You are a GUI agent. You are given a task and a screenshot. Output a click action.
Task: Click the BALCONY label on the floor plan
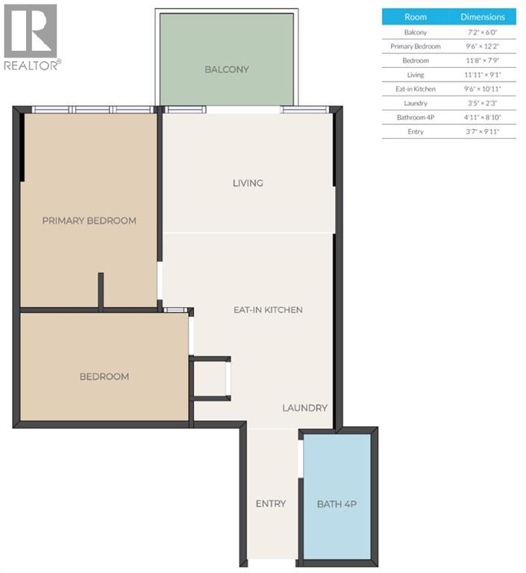227,69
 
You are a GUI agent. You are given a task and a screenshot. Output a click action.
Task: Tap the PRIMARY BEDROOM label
89,221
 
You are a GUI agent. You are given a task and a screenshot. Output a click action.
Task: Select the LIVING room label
248,183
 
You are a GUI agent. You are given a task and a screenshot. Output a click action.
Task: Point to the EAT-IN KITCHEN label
268,310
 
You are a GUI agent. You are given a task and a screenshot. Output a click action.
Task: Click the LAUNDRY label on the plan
304,408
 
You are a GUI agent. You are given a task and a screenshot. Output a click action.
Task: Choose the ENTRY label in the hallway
270,504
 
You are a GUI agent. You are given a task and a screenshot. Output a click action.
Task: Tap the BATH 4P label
336,504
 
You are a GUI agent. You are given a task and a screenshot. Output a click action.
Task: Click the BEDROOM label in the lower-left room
104,377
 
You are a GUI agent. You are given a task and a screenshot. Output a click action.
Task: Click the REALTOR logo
31,37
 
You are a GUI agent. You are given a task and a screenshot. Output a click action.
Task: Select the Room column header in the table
416,16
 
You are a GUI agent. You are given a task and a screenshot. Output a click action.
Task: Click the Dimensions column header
483,16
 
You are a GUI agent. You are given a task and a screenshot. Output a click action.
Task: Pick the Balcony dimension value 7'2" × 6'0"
483,32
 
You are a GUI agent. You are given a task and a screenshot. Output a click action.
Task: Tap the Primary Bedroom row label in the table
416,46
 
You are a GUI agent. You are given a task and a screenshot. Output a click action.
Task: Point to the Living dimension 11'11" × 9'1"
483,75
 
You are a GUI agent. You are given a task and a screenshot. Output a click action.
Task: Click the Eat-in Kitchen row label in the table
416,89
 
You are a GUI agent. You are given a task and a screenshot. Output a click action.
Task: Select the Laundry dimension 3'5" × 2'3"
483,103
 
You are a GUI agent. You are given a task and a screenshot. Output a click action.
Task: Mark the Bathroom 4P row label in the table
416,117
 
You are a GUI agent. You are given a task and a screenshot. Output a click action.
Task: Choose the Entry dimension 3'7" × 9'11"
483,131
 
